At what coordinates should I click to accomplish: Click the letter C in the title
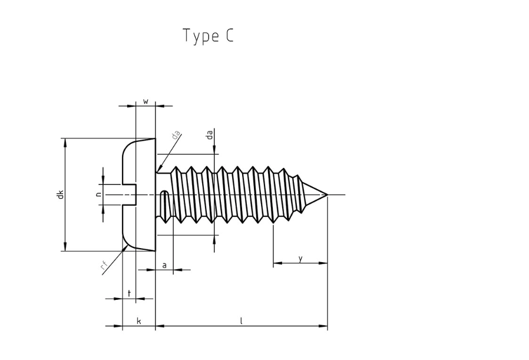[x=229, y=36]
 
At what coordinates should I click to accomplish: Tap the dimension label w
[x=146, y=101]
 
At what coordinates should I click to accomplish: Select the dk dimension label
[x=60, y=194]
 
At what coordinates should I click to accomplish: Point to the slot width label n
[x=98, y=194]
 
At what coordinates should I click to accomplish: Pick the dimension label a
[x=164, y=265]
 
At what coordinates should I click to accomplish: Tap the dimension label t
[x=129, y=293]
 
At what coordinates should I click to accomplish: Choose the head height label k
[x=139, y=321]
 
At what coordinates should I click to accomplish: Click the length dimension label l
[x=241, y=321]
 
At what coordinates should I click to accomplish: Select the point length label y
[x=300, y=258]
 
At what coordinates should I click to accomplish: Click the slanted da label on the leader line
[x=175, y=135]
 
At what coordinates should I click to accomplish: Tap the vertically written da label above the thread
[x=210, y=135]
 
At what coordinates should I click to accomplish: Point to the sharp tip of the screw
[x=327, y=194]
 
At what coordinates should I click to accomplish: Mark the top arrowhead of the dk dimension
[x=65, y=141]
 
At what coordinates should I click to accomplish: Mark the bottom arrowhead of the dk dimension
[x=65, y=248]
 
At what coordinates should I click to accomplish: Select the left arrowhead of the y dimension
[x=276, y=263]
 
